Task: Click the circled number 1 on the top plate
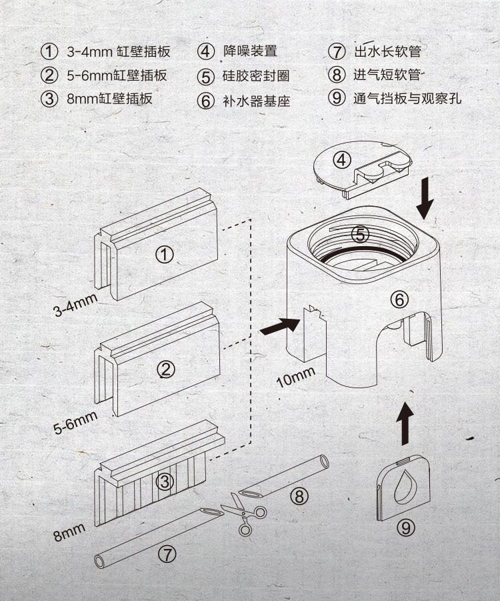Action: (164, 254)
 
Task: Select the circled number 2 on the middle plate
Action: (166, 369)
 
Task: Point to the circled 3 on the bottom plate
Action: (165, 481)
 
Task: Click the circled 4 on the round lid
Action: (342, 160)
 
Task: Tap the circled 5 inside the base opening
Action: (359, 235)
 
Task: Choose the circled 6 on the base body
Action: (399, 300)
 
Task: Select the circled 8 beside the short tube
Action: (299, 496)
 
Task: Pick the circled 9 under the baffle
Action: (405, 528)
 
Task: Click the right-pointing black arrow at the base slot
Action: (279, 326)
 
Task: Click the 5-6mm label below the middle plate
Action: (75, 423)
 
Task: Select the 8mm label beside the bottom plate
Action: (69, 532)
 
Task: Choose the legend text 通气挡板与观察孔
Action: (407, 99)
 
